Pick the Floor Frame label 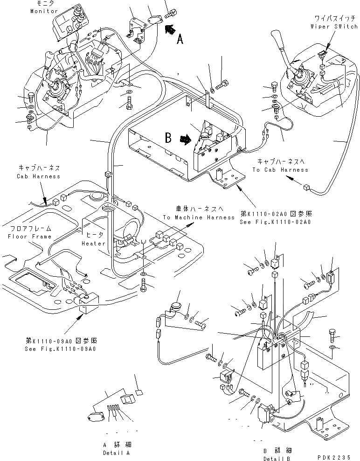tap(29, 237)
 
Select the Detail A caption tap(117, 453)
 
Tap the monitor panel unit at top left tap(69, 24)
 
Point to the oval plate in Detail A tap(96, 417)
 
